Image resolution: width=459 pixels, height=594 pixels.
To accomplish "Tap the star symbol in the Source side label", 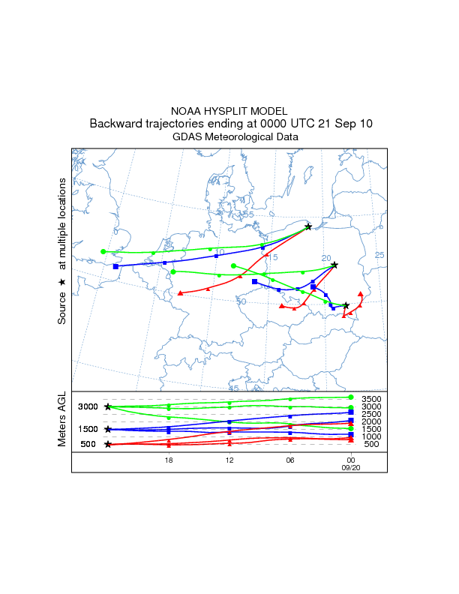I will (x=63, y=281).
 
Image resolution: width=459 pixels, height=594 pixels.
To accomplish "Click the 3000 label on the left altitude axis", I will (x=88, y=406).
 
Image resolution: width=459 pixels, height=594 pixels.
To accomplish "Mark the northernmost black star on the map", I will (x=308, y=226).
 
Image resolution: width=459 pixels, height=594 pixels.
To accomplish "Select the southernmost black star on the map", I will (x=346, y=305).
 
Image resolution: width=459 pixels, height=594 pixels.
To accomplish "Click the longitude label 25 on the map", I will (x=379, y=255).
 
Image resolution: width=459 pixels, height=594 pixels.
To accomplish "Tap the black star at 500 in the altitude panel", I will (x=108, y=445).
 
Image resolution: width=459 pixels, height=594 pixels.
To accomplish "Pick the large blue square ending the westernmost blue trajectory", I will (x=115, y=266).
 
